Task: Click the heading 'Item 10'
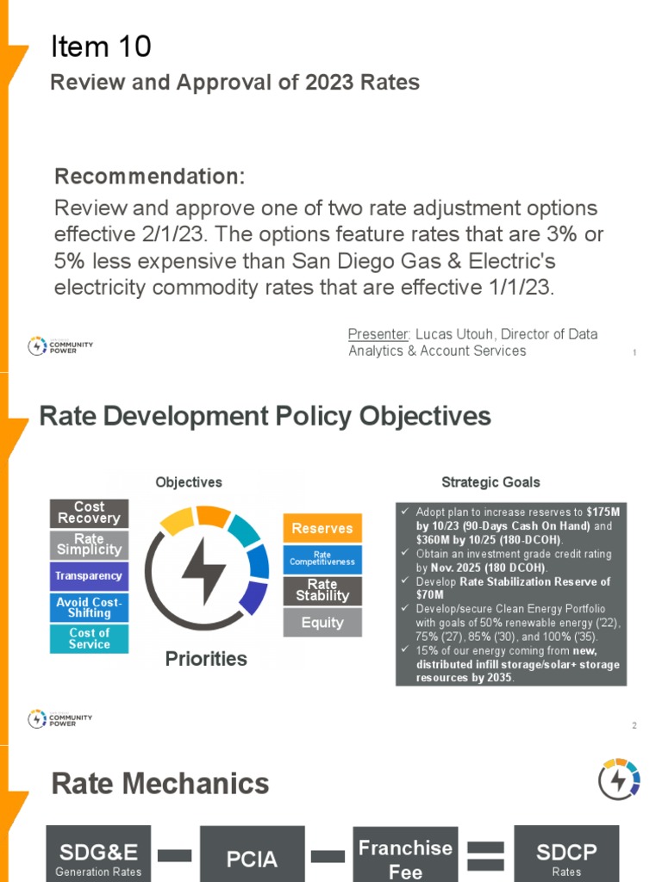(102, 47)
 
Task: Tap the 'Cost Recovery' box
(89, 513)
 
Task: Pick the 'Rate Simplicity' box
(89, 544)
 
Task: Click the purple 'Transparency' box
(89, 576)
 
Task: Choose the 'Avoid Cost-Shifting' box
(89, 607)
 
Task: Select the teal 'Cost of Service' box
(89, 638)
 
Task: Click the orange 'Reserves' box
(322, 528)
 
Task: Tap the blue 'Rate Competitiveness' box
(322, 560)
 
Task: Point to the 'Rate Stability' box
(322, 591)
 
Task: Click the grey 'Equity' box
(322, 622)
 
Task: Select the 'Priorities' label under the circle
(206, 659)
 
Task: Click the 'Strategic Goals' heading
(490, 482)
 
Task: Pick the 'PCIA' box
(252, 857)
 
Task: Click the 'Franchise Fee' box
(405, 857)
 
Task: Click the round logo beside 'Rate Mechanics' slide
(620, 780)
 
